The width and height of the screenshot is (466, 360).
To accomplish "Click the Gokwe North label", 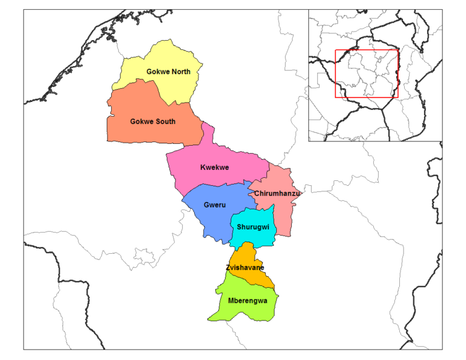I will point(168,72).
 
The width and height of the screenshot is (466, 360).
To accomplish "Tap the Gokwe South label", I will point(153,121).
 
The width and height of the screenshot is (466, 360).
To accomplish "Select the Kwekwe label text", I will point(214,168).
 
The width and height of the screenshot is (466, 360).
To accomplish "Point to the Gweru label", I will point(215,205).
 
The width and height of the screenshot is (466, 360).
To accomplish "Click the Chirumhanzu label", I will point(277,194).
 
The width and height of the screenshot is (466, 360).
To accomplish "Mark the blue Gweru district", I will point(206,219).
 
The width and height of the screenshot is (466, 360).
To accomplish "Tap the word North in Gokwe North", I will point(180,72).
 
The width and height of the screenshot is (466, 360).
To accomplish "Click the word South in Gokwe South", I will point(164,121).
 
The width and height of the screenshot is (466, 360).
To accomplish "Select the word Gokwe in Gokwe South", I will point(141,121).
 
